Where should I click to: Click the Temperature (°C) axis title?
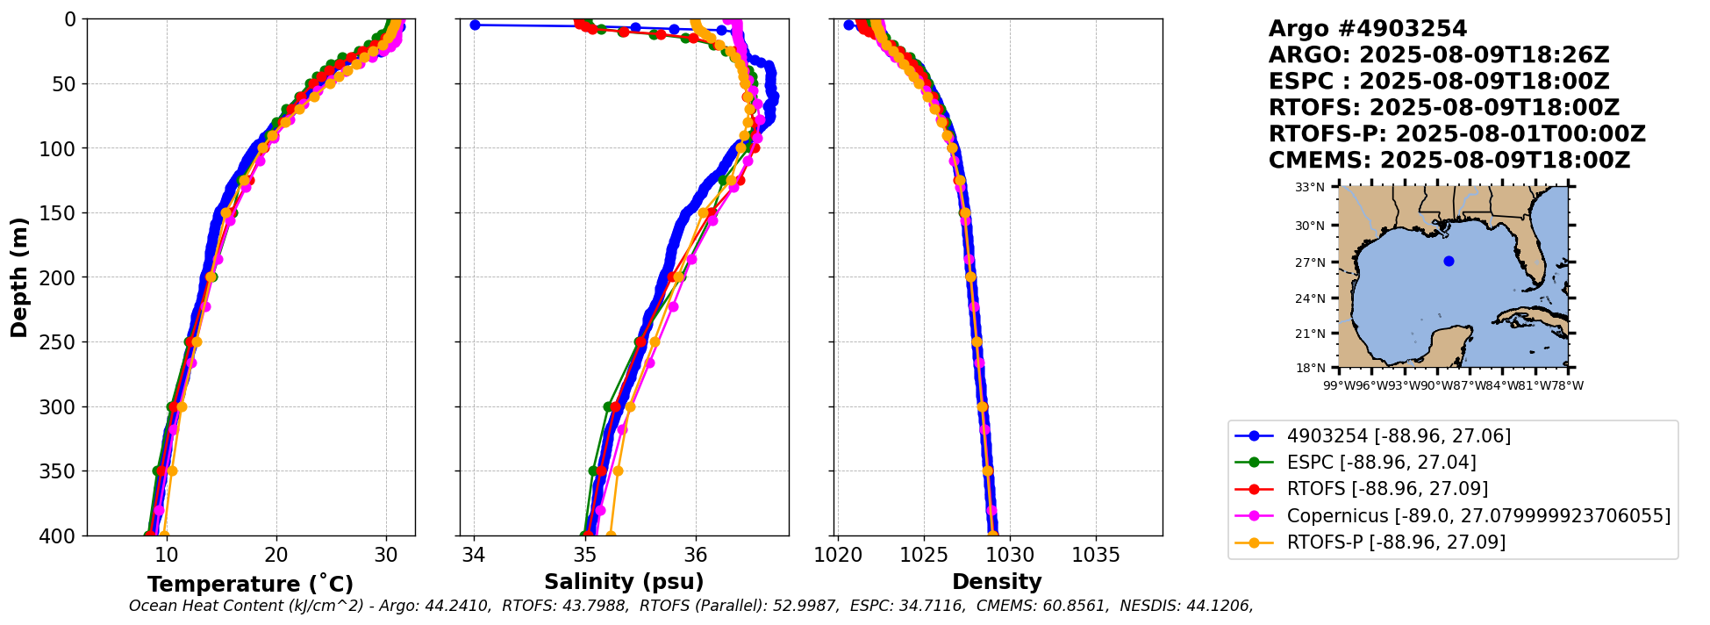tap(250, 585)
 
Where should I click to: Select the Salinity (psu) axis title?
tap(624, 582)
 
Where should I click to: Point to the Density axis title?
tap(997, 582)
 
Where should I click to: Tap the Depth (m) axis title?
tap(19, 277)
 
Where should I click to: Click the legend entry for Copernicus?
tap(1478, 516)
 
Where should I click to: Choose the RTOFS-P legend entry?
tap(1396, 542)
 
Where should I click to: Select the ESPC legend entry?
tap(1381, 463)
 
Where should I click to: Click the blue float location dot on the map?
tap(1449, 261)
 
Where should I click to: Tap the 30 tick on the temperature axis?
tap(386, 556)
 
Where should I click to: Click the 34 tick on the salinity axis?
tap(475, 556)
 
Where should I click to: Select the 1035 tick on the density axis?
tap(1096, 556)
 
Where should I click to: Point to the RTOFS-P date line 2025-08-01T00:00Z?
tap(1520, 134)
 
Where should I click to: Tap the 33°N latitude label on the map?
tap(1310, 187)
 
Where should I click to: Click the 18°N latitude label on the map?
tap(1310, 368)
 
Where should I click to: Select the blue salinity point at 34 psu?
tap(475, 25)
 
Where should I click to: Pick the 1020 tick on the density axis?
tap(838, 556)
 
